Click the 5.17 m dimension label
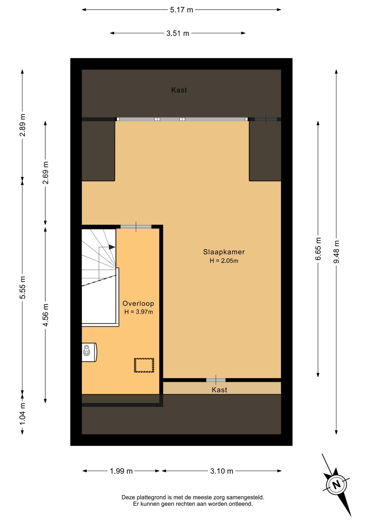coord(181,10)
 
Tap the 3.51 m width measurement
coord(178,34)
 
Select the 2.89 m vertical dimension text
coord(23,125)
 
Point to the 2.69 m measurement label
coord(46,173)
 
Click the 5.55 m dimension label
coord(23,287)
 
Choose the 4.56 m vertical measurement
coord(46,315)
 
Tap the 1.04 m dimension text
coord(23,413)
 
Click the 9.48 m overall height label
coord(337,252)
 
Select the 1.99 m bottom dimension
coord(121,471)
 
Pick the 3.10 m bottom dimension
coord(222,471)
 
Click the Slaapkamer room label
coord(224,252)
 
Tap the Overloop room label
coord(138,303)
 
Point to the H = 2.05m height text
coord(224,261)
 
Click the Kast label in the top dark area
coord(179,90)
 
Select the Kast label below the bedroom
coord(219,390)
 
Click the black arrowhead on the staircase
coord(112,247)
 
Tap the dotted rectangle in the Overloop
coord(144,365)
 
